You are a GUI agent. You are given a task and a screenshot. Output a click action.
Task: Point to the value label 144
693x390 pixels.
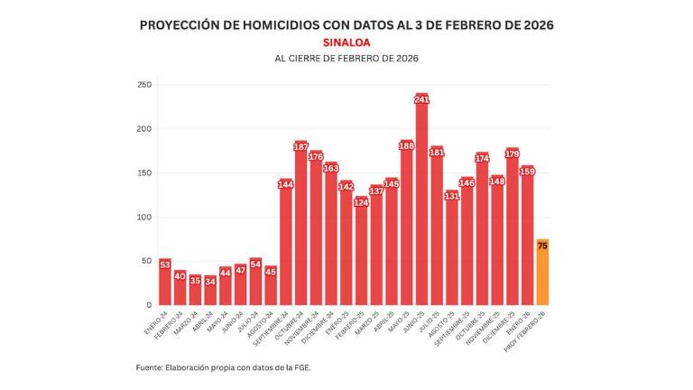point(285,184)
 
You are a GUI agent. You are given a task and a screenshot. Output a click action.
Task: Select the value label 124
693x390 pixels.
point(361,202)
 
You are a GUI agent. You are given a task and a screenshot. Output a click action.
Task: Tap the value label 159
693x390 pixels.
point(527,172)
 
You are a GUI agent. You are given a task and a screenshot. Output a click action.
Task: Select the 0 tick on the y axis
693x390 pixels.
point(148,305)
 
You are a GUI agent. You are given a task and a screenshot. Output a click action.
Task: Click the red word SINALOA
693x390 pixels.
point(346,42)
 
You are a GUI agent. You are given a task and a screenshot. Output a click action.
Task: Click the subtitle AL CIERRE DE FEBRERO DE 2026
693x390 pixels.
point(346,59)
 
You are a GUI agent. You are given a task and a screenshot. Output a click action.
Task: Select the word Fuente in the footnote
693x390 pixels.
point(148,367)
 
